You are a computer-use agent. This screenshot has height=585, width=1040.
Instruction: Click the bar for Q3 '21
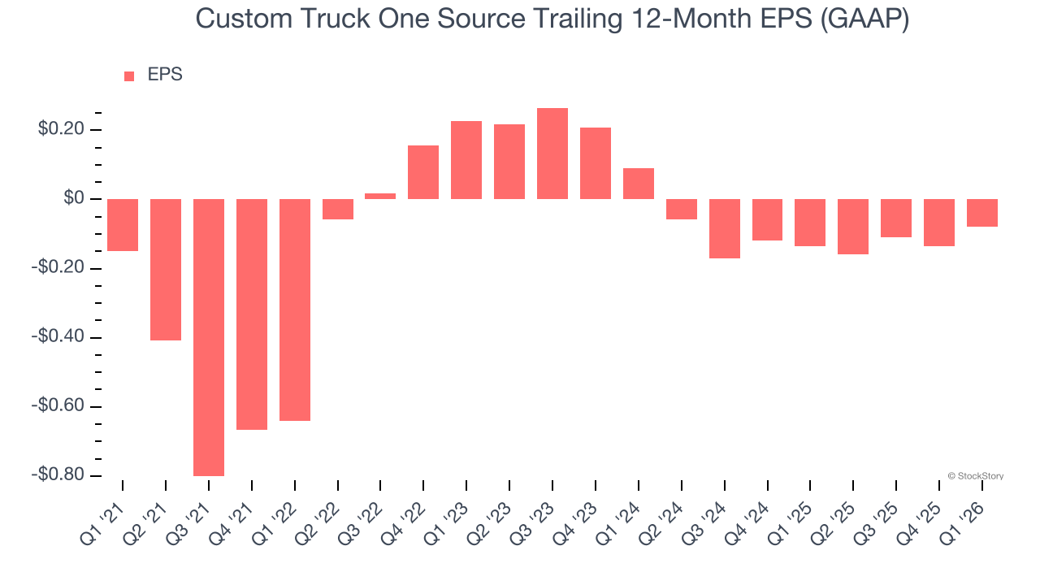point(209,337)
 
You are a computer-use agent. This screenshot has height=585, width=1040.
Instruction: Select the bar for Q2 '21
point(166,269)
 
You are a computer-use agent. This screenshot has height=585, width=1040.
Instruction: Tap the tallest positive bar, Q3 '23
point(552,154)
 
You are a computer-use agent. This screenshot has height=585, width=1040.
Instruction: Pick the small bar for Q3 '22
point(380,196)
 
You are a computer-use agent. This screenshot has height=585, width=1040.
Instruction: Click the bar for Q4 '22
point(423,172)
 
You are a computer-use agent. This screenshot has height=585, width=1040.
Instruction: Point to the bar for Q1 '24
point(639,184)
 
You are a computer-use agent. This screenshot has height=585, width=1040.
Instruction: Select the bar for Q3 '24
point(725,228)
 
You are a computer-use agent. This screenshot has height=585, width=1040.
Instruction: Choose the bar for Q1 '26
point(982,213)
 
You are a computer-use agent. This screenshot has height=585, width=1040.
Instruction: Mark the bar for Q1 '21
point(123,225)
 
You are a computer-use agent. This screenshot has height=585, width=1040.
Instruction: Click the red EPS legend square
point(129,76)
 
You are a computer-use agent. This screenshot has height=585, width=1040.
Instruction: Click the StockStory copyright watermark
point(975,476)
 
